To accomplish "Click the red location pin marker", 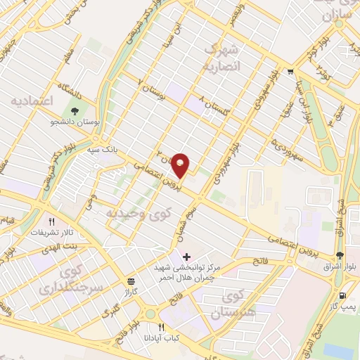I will pyautogui.click(x=181, y=165).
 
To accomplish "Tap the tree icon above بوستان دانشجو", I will pyautogui.click(x=74, y=110).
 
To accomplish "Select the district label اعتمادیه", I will pyautogui.click(x=32, y=101).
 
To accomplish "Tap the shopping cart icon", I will pyautogui.click(x=290, y=72).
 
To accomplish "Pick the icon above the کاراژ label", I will pyautogui.click(x=131, y=279).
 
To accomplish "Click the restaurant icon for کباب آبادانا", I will pyautogui.click(x=161, y=327).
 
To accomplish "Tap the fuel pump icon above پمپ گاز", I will pyautogui.click(x=342, y=296).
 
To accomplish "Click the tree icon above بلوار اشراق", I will pyautogui.click(x=340, y=254).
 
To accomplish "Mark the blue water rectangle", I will pyautogui.click(x=342, y=349).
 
